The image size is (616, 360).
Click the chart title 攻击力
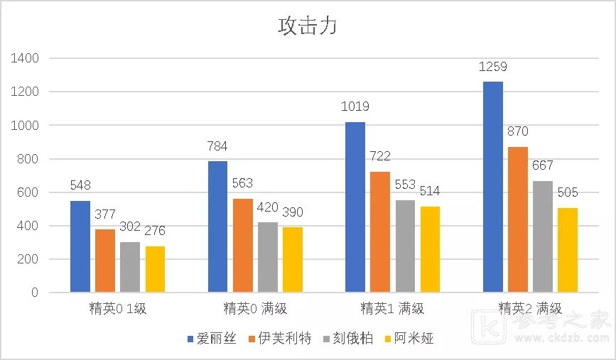[x=307, y=27]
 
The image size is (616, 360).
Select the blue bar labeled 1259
[x=493, y=187]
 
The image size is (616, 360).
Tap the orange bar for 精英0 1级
[x=104, y=261]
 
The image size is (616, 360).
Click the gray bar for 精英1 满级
[x=406, y=246]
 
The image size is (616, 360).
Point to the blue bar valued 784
[x=218, y=227]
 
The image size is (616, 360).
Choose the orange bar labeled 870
[x=518, y=219]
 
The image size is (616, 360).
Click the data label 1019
[x=355, y=107]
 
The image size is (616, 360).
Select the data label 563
[x=242, y=183]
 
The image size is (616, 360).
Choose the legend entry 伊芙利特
[x=275, y=339]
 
